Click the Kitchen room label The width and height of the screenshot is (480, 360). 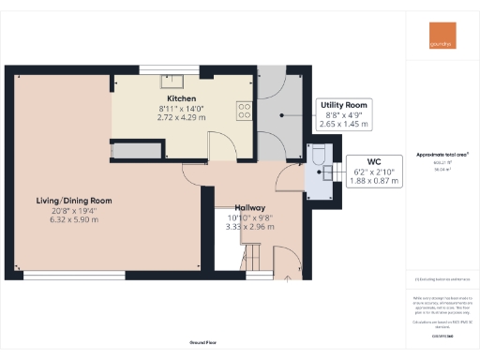pos(180,98)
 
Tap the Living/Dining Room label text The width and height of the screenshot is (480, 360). pos(74,201)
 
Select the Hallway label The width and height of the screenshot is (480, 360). pos(249,207)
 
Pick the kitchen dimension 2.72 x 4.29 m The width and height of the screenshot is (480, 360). pos(180,119)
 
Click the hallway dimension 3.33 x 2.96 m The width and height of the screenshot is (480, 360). pos(249,227)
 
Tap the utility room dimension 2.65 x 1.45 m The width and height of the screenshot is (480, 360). pos(344,123)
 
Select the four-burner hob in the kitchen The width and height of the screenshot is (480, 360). pos(245,111)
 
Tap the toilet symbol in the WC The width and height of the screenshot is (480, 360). pos(317,156)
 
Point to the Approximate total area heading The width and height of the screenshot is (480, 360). pos(441,154)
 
